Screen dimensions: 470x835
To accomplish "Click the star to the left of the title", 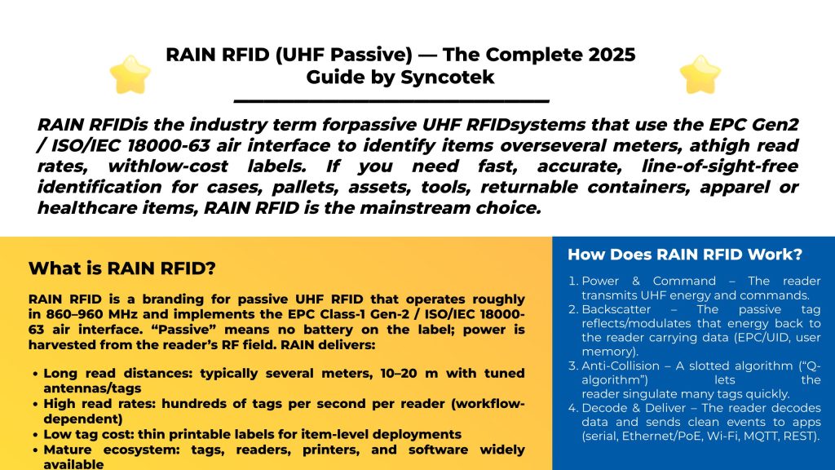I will point(130,75).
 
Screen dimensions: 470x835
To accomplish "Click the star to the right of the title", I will point(700,75).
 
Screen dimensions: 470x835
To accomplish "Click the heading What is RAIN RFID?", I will point(121,268).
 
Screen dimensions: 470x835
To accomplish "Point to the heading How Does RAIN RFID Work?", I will point(685,254).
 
